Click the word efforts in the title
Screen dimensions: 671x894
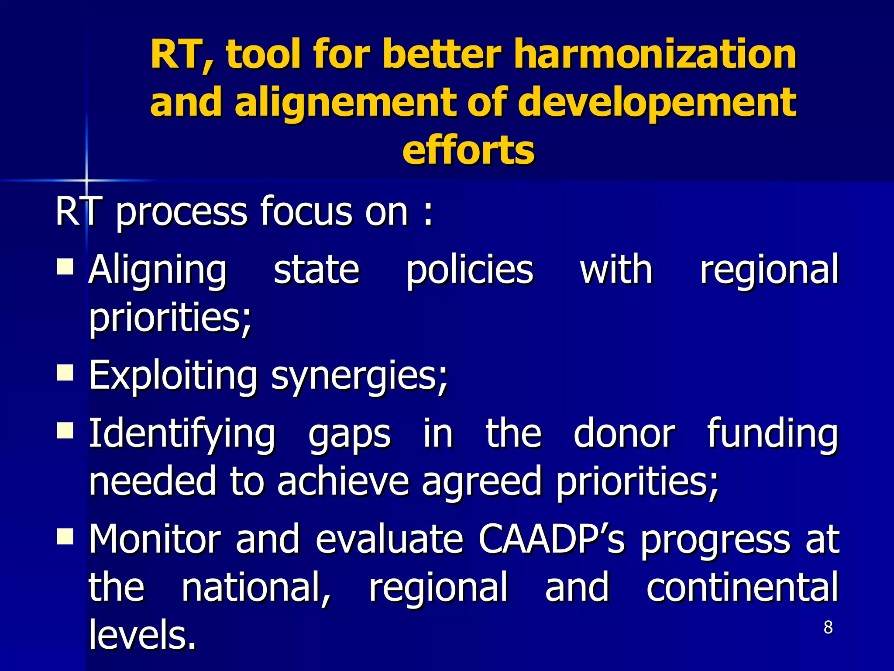click(468, 151)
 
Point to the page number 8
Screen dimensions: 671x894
click(828, 628)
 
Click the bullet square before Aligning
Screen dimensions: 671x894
click(65, 265)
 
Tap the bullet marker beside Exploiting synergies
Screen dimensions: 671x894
click(65, 373)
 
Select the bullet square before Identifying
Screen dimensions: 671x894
click(65, 429)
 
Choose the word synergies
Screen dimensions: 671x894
click(360, 377)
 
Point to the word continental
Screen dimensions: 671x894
click(742, 587)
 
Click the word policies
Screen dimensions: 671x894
click(470, 270)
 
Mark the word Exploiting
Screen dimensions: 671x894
click(173, 377)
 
